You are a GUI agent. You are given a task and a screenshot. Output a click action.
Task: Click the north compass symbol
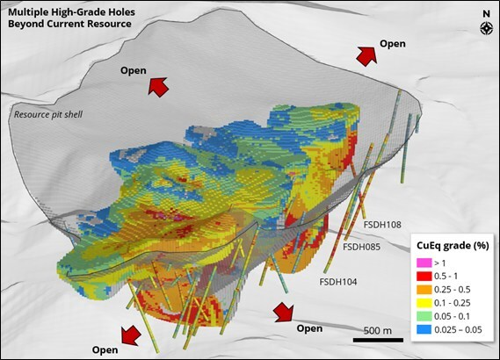[485, 24]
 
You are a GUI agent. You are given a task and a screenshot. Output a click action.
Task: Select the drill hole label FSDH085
[360, 247]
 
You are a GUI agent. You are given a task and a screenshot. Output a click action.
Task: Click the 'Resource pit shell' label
[52, 113]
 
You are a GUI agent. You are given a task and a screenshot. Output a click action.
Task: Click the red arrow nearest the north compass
[366, 56]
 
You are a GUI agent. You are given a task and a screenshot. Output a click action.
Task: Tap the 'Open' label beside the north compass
[392, 43]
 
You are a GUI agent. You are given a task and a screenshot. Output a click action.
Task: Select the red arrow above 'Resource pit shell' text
[158, 85]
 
